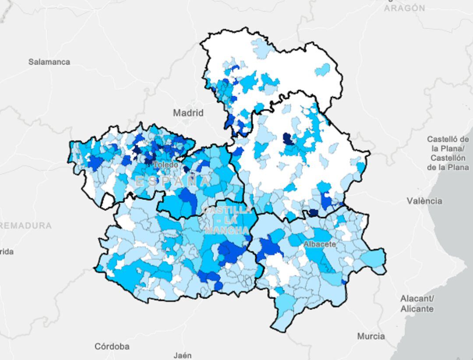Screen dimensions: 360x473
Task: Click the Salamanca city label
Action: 49,62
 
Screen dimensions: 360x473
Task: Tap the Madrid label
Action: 188,113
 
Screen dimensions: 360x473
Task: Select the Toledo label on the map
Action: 166,165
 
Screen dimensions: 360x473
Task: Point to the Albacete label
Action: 319,244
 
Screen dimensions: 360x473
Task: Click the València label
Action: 424,201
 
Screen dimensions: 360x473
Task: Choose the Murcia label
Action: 371,336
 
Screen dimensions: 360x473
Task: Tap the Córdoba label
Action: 112,346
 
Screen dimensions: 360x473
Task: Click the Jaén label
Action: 182,355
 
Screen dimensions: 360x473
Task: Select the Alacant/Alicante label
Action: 417,304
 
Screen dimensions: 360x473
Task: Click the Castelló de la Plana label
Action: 448,153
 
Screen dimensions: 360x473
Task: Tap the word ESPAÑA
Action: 173,181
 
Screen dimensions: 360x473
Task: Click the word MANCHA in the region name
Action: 226,230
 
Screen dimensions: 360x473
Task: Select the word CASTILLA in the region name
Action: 227,210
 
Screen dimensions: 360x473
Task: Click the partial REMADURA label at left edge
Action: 25,226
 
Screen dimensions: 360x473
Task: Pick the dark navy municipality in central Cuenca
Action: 288,139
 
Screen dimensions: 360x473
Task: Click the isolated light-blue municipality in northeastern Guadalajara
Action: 323,70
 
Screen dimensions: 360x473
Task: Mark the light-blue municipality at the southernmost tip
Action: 280,322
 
